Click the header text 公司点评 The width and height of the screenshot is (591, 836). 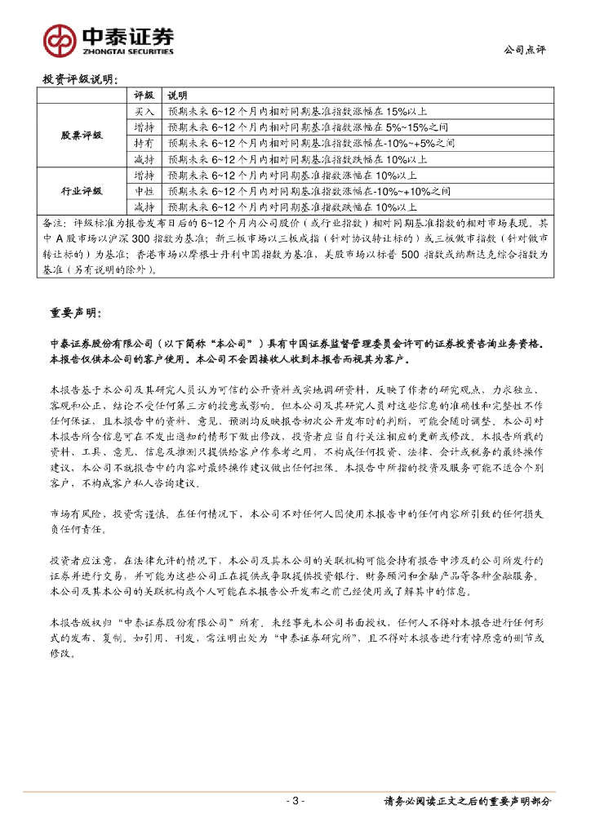pos(524,50)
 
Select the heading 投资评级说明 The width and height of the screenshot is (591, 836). pos(79,80)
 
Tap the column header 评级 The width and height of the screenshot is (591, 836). pos(144,95)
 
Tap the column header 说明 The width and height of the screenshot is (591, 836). pos(177,95)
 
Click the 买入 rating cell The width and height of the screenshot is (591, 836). pos(144,110)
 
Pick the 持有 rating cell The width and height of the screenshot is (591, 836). pos(144,143)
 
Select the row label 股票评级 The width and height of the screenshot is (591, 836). pos(82,135)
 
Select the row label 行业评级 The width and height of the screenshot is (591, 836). pos(82,191)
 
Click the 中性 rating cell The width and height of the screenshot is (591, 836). pos(144,191)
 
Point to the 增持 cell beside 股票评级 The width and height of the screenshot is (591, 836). pos(144,127)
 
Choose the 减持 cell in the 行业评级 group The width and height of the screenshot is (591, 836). pos(144,207)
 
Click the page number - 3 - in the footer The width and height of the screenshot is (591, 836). pos(296,801)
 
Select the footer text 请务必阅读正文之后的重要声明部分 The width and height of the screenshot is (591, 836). pos(467,802)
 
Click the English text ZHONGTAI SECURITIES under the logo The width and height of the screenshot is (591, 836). pos(127,51)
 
